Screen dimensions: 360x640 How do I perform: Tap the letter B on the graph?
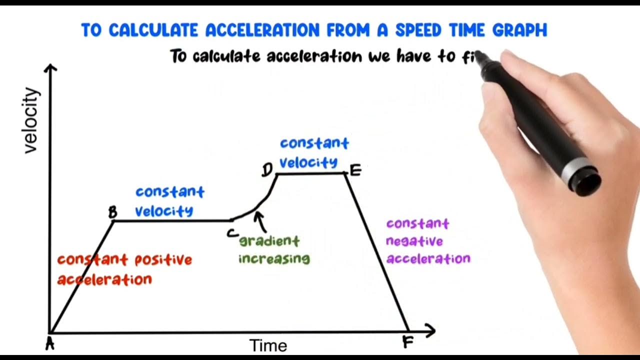tap(112, 212)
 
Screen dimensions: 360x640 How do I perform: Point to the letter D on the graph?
tap(267, 170)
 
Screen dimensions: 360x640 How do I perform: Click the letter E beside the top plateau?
tap(355, 171)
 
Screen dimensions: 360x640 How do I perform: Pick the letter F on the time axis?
tap(407, 342)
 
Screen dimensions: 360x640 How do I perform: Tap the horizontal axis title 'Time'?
tap(268, 345)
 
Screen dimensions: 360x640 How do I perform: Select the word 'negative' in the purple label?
tap(414, 241)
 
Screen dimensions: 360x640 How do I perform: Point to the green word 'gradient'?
tap(269, 241)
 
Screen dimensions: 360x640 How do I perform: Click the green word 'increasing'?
tap(274, 258)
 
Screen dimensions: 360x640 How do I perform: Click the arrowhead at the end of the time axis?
tap(430, 330)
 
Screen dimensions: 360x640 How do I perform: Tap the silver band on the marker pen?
tap(574, 168)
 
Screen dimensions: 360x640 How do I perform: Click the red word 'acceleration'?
tap(104, 279)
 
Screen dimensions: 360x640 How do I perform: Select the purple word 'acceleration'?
tap(428, 258)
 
